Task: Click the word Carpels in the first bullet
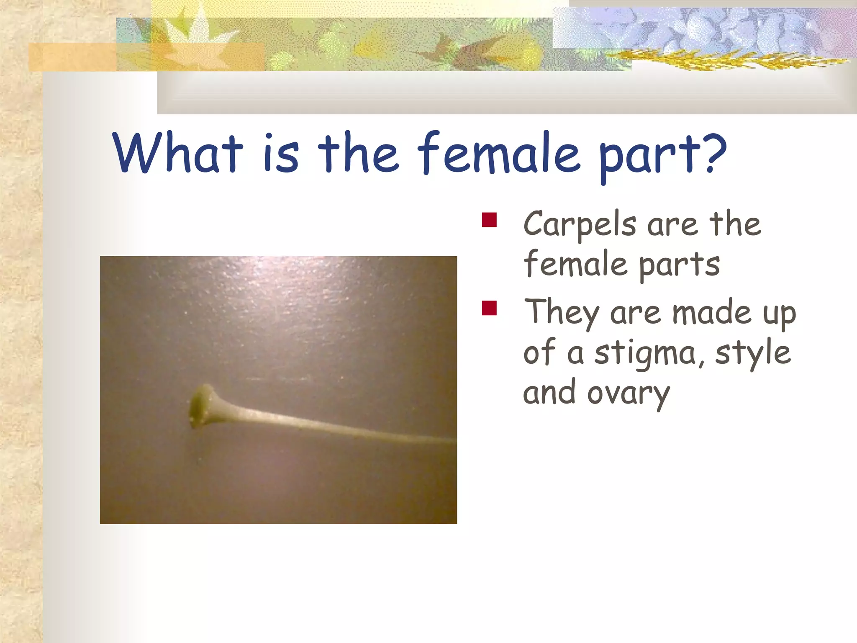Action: click(580, 225)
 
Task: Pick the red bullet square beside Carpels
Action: click(489, 220)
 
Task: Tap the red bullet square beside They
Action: click(489, 308)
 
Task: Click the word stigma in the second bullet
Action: click(644, 354)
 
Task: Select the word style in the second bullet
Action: click(752, 354)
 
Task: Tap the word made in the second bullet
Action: click(711, 313)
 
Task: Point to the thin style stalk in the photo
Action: click(335, 427)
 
